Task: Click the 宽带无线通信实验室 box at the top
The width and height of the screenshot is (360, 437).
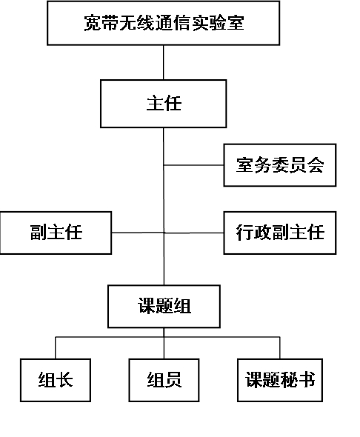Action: (x=163, y=23)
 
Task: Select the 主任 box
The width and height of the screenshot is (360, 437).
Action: (x=163, y=104)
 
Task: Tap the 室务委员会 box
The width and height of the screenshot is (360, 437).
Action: (x=280, y=165)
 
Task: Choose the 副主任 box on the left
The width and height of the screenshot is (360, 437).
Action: (x=56, y=233)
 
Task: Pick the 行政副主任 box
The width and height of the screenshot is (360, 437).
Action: (x=280, y=233)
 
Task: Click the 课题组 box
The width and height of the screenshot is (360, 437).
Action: (x=164, y=307)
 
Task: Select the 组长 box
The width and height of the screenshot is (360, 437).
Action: (x=56, y=380)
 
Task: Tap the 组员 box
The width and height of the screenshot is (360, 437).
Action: (x=164, y=380)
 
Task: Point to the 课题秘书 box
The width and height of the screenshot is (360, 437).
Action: (x=280, y=380)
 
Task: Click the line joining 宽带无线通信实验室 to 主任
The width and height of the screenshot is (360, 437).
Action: (x=164, y=62)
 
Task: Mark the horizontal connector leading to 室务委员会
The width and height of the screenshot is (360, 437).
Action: (x=193, y=165)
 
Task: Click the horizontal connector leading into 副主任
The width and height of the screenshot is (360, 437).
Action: (x=138, y=233)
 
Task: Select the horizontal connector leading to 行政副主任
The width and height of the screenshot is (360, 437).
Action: (x=194, y=233)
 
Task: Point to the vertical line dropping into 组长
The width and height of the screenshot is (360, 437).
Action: (x=56, y=348)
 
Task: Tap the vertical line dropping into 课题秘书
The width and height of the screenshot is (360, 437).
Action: (x=280, y=348)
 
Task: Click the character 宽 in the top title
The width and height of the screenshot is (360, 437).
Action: (x=93, y=23)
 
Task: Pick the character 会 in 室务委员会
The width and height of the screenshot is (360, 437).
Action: (x=316, y=165)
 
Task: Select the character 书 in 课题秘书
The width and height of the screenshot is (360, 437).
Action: (x=307, y=380)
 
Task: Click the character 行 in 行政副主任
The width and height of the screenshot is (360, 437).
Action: (x=244, y=233)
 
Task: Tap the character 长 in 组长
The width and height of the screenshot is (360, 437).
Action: (x=64, y=380)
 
